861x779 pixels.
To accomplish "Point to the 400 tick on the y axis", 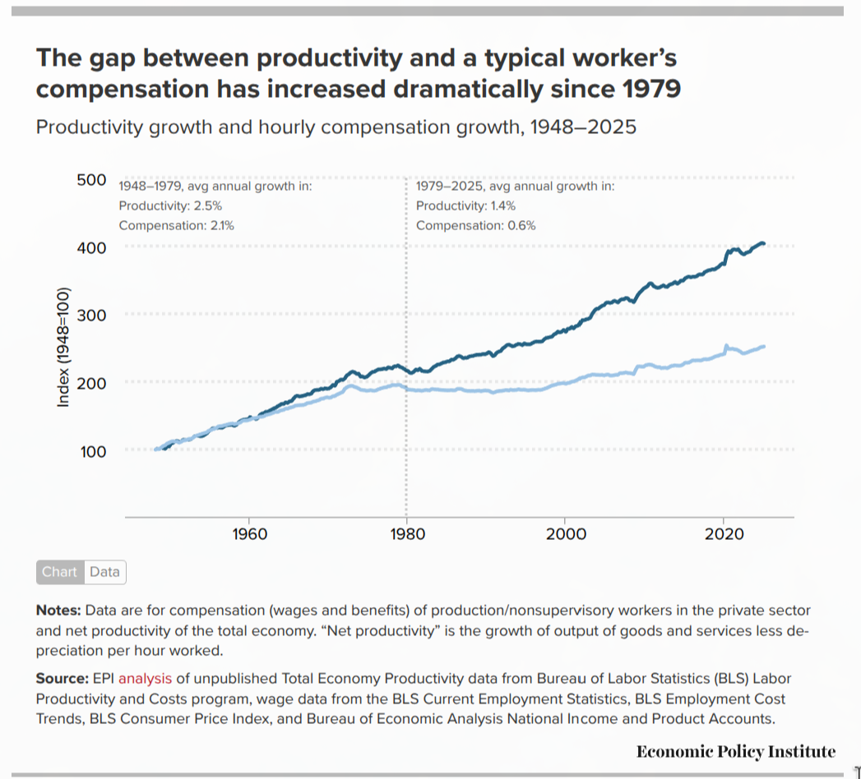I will (90, 247).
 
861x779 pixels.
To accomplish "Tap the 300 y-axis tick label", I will (90, 315).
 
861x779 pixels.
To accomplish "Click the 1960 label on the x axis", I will (250, 534).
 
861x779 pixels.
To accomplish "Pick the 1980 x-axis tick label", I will (407, 534).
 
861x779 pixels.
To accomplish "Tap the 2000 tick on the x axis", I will (566, 534).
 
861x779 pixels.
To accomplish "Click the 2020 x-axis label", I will (724, 534).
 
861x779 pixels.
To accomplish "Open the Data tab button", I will (104, 572).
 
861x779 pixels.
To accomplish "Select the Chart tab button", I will (59, 572).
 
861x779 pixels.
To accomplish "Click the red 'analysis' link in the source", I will (145, 679).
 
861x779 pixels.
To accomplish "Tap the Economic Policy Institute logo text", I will (735, 751).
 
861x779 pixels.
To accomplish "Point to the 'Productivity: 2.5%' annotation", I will (170, 205).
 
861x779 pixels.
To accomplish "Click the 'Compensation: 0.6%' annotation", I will (475, 225).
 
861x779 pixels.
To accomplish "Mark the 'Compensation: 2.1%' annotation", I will (176, 225).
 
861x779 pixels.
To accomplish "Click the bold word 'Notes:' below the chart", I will (58, 611).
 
